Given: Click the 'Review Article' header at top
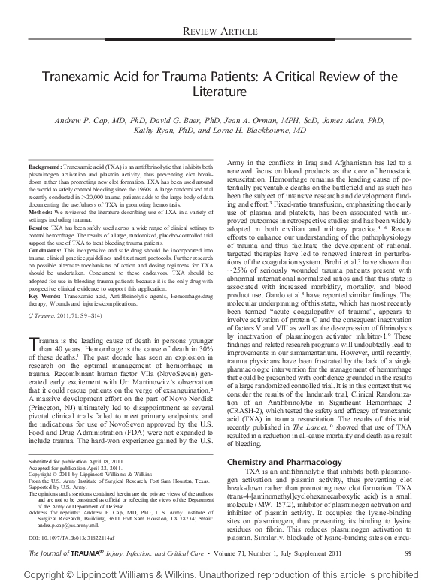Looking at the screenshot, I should [x=369, y=30].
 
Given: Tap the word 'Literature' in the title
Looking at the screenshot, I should [x=220, y=92].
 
